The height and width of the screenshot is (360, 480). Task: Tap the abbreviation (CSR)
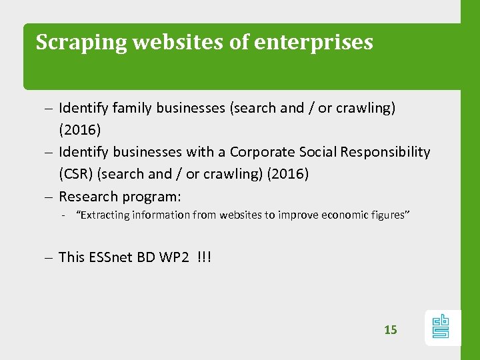coord(76,175)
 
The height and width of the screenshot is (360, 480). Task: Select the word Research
coord(88,197)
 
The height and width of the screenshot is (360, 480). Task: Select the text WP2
coord(174,257)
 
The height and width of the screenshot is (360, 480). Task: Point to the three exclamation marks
coord(204,257)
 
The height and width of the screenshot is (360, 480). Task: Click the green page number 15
coord(391,329)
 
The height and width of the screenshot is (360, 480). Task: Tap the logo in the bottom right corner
coord(441,327)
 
